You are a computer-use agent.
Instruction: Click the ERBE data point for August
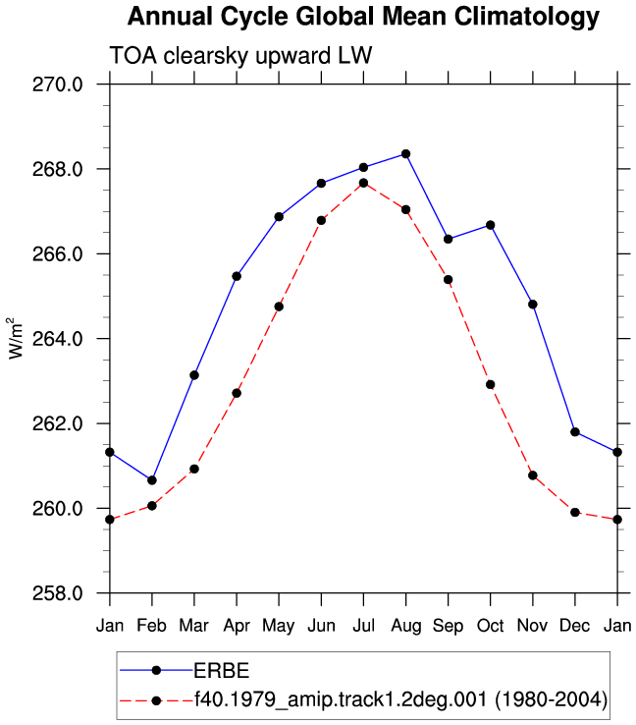coord(405,154)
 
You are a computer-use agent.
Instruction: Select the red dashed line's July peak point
coord(363,183)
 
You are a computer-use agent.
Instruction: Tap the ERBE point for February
coord(152,480)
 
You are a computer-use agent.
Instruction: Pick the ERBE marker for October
coord(491,225)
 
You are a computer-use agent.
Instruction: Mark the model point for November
coord(533,475)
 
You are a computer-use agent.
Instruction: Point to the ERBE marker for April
coord(237,276)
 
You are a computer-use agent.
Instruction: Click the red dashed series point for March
coord(194,469)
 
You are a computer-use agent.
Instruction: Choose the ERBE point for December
coord(575,432)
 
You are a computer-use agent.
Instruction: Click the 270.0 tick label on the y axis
coord(57,84)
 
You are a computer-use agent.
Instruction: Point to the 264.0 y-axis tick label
coord(57,339)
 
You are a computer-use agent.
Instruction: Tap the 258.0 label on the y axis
coord(57,593)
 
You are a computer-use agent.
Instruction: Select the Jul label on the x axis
coord(363,626)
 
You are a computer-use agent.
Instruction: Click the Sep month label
coord(448,627)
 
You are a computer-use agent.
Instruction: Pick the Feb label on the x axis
coord(151,626)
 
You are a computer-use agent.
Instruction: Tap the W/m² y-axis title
coord(16,338)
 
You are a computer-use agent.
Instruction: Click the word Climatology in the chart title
coord(526,17)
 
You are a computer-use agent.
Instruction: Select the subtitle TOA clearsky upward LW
coord(240,56)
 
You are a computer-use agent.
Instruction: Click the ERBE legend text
coord(221,670)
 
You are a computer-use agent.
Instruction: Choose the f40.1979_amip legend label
coord(400,699)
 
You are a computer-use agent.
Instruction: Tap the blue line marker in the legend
coord(156,670)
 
